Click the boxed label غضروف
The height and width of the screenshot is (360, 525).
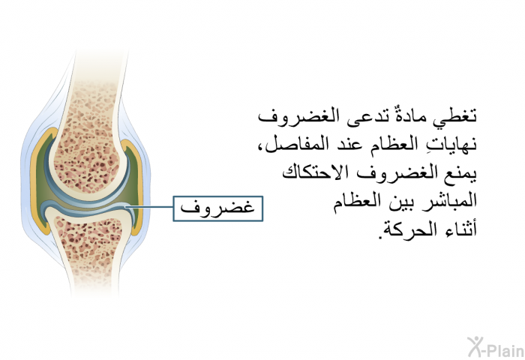click(218, 208)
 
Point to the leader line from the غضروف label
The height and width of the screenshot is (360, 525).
click(149, 207)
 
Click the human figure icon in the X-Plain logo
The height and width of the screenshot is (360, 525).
click(475, 346)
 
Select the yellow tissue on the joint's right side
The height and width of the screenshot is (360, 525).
click(138, 187)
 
